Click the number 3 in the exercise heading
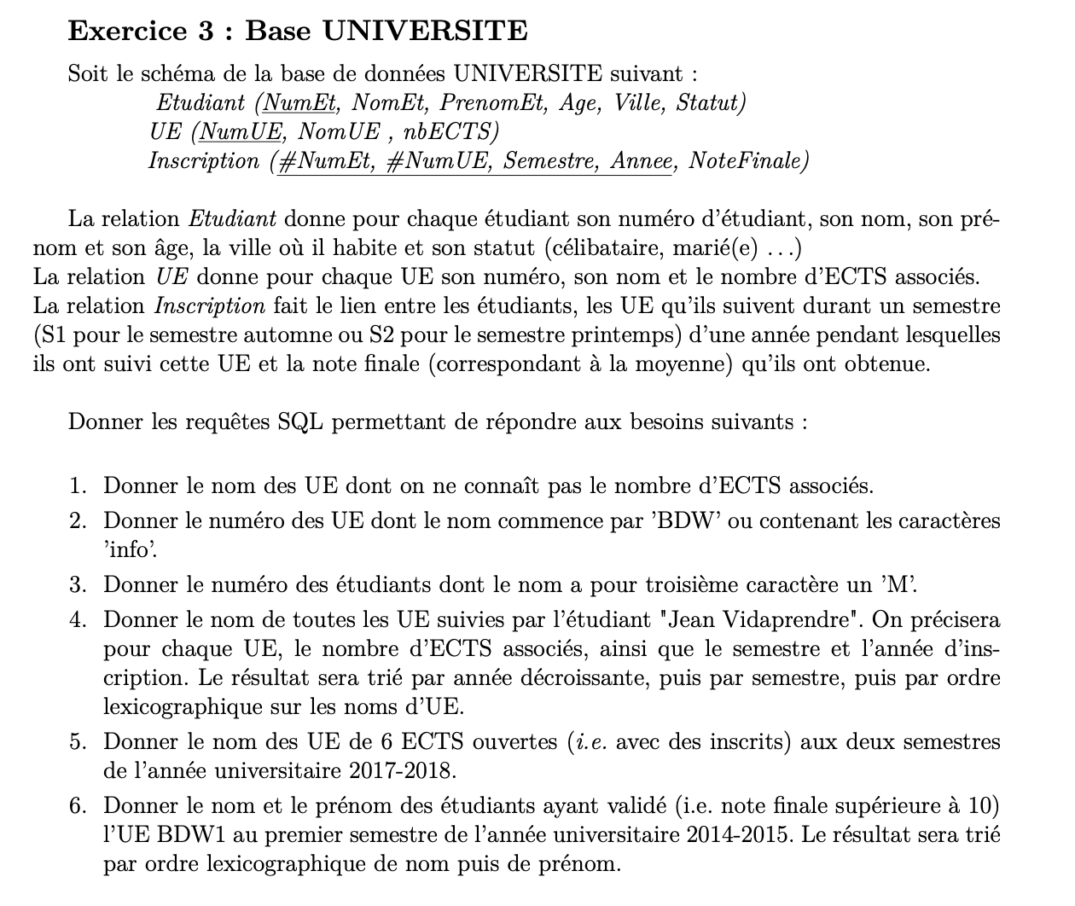[206, 32]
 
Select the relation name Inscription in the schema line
[203, 160]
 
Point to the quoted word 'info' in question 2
[129, 550]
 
